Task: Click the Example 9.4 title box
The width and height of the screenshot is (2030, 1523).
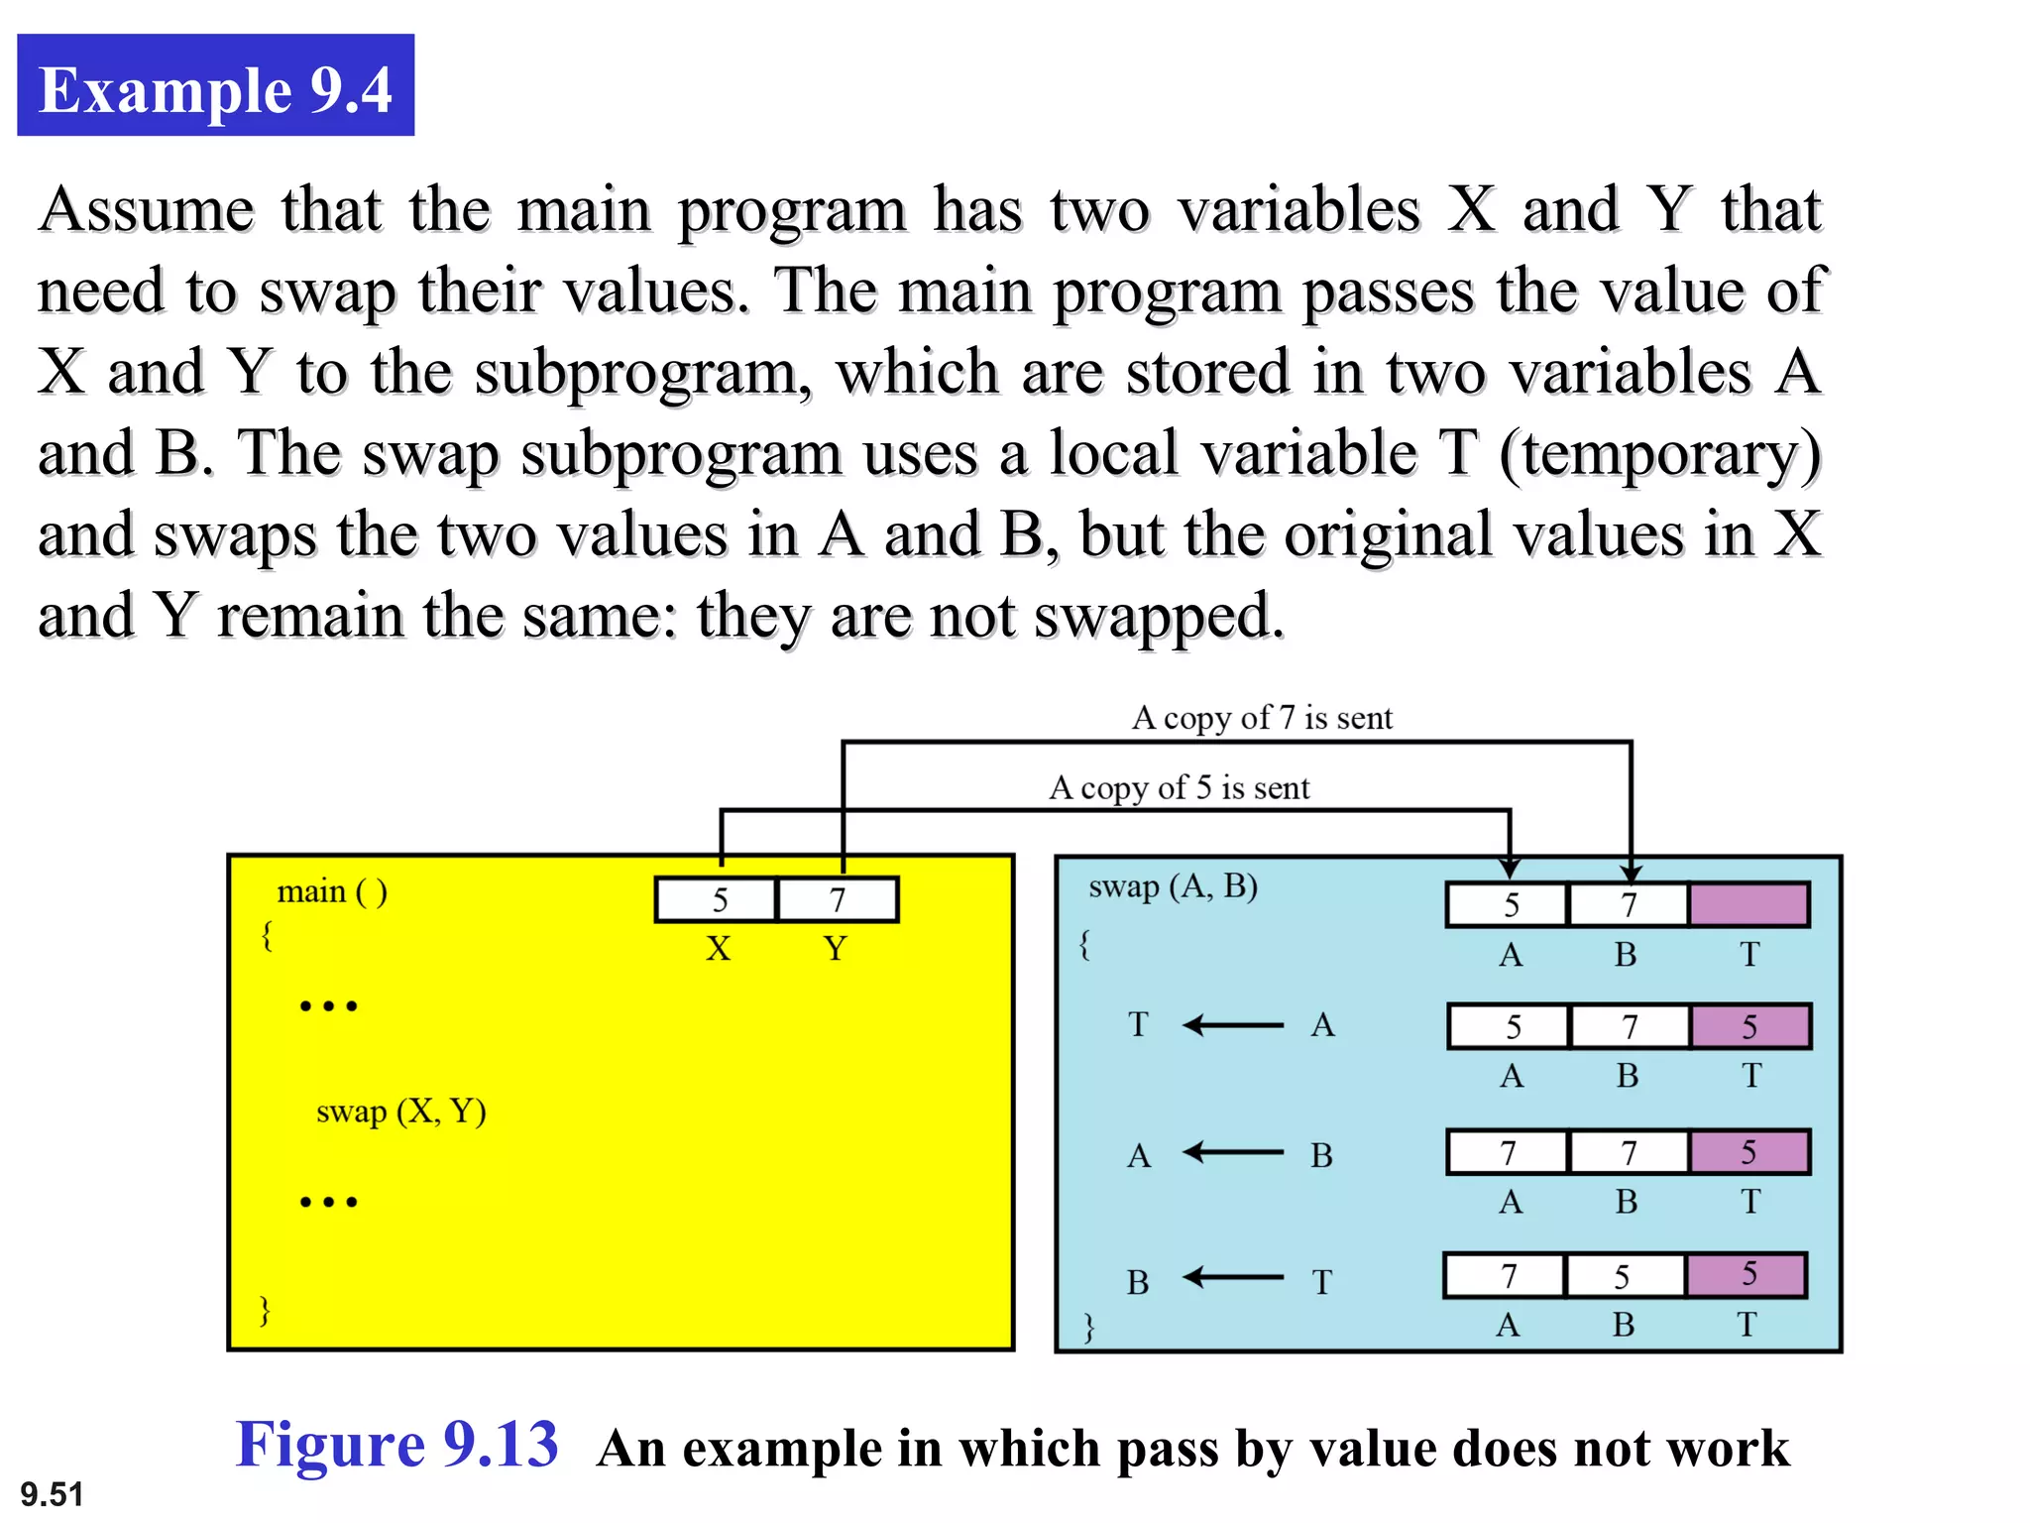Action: (215, 86)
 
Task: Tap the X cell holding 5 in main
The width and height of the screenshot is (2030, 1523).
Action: (717, 899)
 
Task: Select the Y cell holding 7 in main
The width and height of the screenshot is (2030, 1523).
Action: (839, 899)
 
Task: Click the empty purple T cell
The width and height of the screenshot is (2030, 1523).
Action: (1748, 904)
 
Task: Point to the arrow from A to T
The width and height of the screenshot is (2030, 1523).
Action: (1233, 1024)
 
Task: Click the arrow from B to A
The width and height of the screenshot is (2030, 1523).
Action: (1233, 1152)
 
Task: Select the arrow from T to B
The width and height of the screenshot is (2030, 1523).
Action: (1233, 1277)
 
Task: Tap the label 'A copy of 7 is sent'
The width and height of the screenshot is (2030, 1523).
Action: (1262, 717)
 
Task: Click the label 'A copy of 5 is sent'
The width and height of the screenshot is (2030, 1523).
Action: (1179, 787)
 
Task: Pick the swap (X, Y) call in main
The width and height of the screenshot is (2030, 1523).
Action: (400, 1112)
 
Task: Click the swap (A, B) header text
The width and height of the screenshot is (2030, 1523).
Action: (1173, 885)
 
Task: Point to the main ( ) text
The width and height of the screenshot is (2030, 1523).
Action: (332, 891)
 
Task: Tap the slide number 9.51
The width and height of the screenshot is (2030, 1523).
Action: (52, 1493)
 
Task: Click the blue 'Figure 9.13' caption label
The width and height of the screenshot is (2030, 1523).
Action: (396, 1444)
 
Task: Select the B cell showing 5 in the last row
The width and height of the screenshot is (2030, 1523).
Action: (1623, 1276)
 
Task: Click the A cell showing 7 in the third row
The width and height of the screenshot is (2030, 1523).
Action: (1508, 1152)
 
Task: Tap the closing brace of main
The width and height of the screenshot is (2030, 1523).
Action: (265, 1310)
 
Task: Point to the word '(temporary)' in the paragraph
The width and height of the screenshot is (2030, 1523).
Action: (1660, 455)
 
